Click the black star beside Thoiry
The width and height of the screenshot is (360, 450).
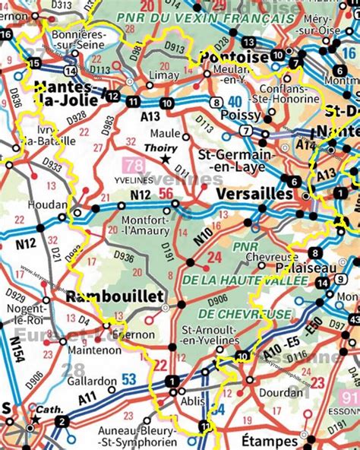(x=166, y=158)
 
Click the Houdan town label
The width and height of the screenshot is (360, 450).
(x=51, y=204)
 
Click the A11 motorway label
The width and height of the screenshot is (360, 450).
(x=87, y=416)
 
